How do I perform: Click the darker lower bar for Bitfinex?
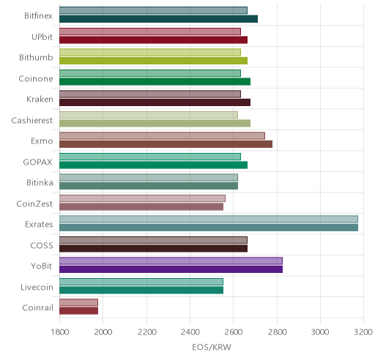[x=158, y=19]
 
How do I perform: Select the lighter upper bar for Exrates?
[x=209, y=219]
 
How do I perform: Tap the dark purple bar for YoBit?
[x=171, y=269]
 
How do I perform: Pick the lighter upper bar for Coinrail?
[x=78, y=302]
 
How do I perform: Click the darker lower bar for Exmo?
[x=166, y=144]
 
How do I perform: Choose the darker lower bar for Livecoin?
[x=141, y=290]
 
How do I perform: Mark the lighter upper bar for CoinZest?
[x=142, y=198]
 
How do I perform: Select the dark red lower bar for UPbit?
[x=153, y=40]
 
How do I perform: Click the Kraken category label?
[x=40, y=100]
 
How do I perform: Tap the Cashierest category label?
[x=32, y=120]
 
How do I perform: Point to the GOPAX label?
[x=38, y=162]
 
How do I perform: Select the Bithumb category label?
[x=36, y=58]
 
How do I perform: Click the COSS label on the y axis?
[x=42, y=246]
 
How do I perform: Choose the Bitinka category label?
[x=40, y=183]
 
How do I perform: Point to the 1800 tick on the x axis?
[x=60, y=332]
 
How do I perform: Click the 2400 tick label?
[x=190, y=332]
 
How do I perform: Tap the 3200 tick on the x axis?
[x=363, y=332]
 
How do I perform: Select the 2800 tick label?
[x=277, y=332]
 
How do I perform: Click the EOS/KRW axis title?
[x=212, y=347]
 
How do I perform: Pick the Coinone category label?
[x=36, y=78]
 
